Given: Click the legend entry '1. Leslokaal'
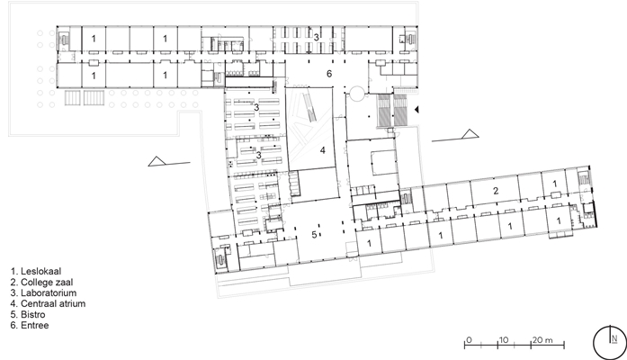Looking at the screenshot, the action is coord(36,271).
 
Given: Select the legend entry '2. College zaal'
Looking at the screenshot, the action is coord(41,282).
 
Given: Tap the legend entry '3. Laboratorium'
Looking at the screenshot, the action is coord(43,292).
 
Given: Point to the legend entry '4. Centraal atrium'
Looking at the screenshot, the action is coord(48,303).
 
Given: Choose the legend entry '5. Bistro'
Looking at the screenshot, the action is coord(28,314).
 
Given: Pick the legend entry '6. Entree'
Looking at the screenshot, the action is coord(30,325).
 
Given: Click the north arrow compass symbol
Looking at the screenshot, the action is coord(610,343).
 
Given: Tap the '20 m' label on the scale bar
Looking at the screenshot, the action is coord(542,340).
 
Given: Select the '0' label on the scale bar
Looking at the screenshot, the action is coord(469,340).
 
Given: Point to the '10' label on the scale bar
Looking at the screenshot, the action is coord(504,340).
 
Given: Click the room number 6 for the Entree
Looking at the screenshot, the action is coord(329,74).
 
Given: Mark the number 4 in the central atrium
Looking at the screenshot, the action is coord(322,150).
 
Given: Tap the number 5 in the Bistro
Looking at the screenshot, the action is coord(314,235).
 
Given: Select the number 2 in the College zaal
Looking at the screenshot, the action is coord(496,191).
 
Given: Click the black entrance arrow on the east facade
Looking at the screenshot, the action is coord(417,109).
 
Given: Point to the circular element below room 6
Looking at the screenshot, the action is coord(356,94).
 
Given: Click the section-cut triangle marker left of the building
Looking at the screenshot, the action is coord(157,161).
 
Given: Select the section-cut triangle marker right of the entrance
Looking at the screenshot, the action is coord(470,134).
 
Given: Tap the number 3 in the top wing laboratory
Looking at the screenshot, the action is coord(316,38).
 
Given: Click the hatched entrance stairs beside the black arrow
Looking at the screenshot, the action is coord(392,111).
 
